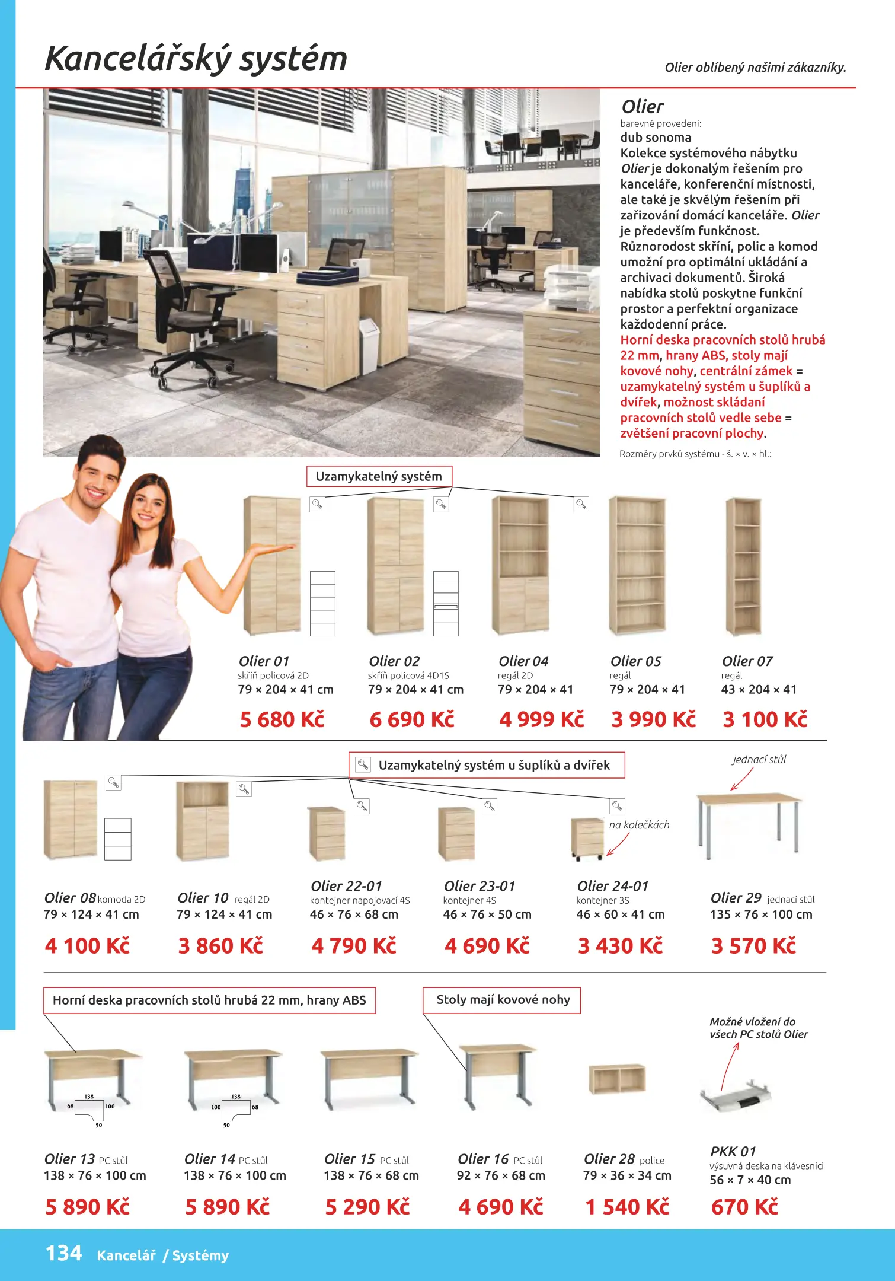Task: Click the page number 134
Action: point(63,1253)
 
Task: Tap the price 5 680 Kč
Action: point(282,719)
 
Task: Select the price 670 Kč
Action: point(744,1207)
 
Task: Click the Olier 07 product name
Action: point(747,661)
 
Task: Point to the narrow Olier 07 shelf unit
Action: point(743,566)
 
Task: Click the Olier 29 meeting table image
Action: point(749,824)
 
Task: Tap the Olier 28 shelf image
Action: point(616,1079)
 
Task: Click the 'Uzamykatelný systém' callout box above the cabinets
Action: point(379,476)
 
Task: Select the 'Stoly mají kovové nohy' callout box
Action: point(502,1000)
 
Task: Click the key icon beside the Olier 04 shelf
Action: point(581,505)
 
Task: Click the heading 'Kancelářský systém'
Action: point(196,59)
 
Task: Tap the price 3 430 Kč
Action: point(620,946)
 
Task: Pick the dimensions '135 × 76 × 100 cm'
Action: point(761,914)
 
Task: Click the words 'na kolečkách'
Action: point(639,825)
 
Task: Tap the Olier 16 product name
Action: point(483,1159)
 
